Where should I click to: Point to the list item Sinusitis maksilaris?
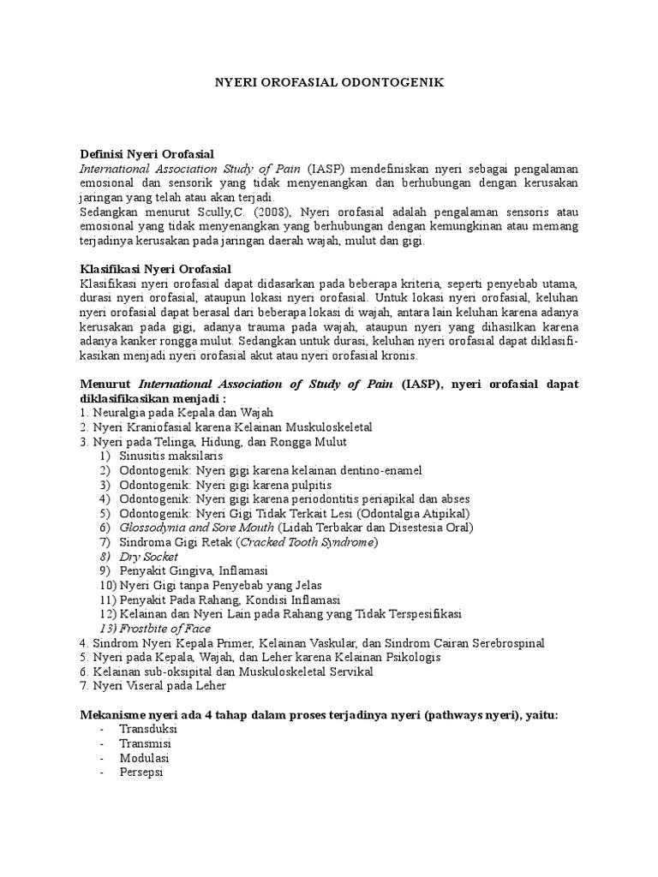pyautogui.click(x=170, y=456)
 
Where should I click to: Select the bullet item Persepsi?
pyautogui.click(x=141, y=773)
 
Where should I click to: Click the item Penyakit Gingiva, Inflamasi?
pyautogui.click(x=194, y=570)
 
